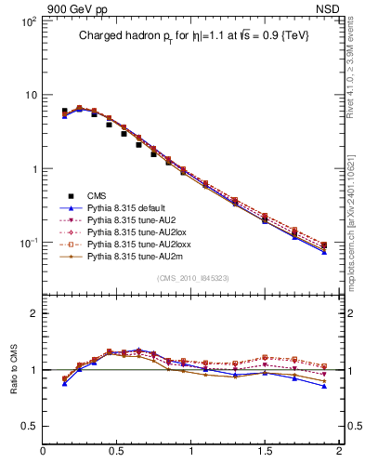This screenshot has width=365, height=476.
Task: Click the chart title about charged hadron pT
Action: coord(192,35)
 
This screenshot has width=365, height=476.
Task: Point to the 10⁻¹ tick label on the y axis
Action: coord(27,243)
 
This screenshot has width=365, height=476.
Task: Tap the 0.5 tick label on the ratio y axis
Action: coord(27,426)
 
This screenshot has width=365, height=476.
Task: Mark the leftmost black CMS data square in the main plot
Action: coord(64,111)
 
